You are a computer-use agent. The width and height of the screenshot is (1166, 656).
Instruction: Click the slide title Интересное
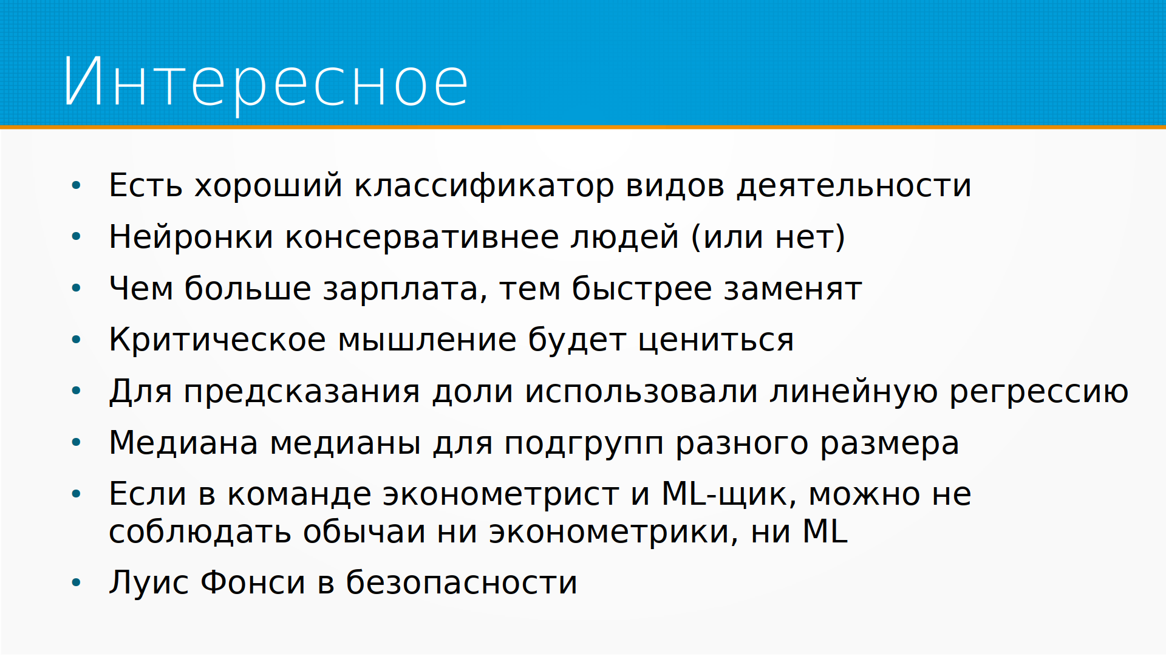(266, 82)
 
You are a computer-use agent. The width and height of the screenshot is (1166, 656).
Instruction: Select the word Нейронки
(191, 236)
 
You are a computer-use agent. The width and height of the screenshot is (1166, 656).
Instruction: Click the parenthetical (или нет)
(768, 237)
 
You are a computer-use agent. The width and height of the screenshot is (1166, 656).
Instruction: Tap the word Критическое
(217, 340)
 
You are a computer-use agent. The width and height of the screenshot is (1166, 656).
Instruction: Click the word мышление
(427, 341)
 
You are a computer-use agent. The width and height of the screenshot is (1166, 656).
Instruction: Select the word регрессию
(1039, 392)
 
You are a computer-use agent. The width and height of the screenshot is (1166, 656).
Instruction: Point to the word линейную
(853, 391)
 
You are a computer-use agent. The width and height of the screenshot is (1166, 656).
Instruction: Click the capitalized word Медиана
(183, 443)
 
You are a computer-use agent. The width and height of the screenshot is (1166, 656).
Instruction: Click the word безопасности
(462, 583)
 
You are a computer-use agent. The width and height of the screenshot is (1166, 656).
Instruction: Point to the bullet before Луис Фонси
(76, 583)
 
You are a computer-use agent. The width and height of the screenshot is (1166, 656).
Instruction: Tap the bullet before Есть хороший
(76, 185)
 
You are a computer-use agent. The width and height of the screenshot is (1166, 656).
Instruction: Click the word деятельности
(854, 186)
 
